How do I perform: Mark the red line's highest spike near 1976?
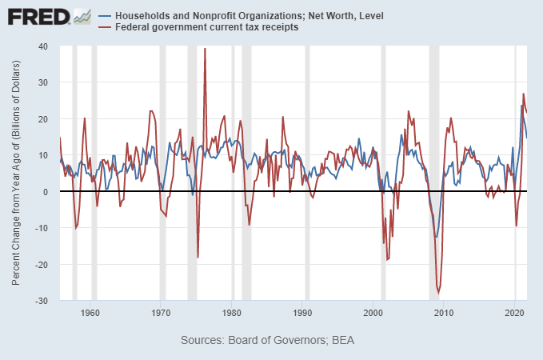205,49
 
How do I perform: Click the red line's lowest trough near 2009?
438,293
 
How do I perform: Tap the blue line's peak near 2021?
521,105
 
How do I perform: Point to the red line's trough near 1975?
198,257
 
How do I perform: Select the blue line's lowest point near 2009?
437,237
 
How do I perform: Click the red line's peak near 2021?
523,94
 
